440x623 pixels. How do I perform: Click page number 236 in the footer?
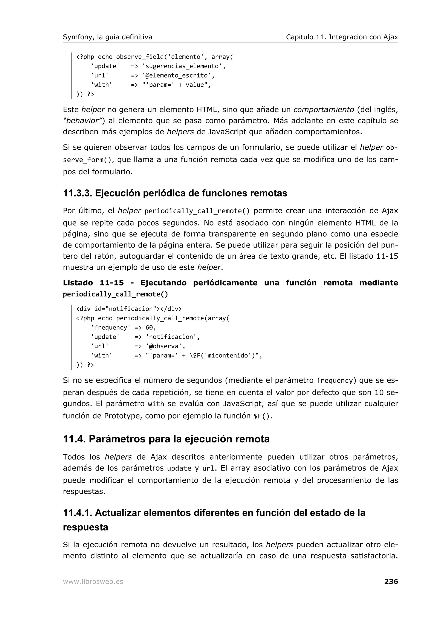[x=391, y=581]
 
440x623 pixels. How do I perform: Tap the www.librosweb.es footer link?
[x=93, y=582]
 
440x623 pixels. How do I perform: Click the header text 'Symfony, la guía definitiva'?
[x=107, y=37]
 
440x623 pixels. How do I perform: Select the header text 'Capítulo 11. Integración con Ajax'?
[x=342, y=37]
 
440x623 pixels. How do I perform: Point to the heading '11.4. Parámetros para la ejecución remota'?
[x=166, y=439]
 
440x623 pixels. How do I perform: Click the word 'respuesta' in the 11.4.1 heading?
[x=85, y=527]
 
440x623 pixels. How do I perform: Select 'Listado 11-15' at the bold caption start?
[x=93, y=283]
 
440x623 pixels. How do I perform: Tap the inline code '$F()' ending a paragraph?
[x=262, y=416]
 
